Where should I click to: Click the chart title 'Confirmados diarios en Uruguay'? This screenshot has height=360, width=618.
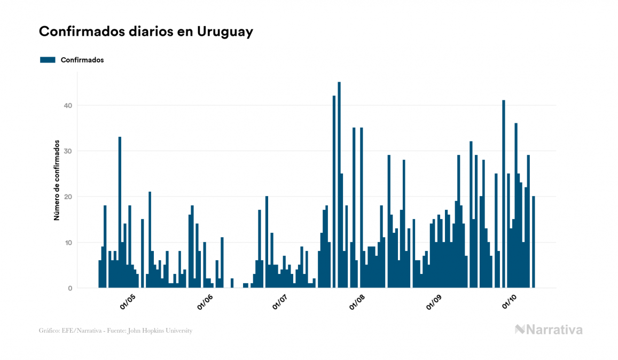click(x=146, y=32)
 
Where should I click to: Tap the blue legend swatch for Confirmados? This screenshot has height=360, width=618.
click(x=48, y=60)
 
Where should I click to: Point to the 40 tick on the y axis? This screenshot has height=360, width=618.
click(x=67, y=106)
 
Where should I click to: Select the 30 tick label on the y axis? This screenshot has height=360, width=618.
click(x=67, y=151)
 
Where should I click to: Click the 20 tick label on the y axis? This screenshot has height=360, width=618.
click(x=67, y=197)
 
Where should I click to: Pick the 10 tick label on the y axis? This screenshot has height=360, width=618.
click(x=67, y=242)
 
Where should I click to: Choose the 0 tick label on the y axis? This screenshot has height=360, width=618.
click(x=69, y=288)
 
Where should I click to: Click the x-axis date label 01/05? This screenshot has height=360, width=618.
click(x=128, y=302)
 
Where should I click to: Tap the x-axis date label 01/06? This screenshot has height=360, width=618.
click(x=205, y=302)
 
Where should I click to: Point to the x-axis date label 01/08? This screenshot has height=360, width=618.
click(x=358, y=302)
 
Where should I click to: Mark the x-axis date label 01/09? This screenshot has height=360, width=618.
click(x=435, y=302)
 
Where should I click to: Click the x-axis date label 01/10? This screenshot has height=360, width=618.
click(x=510, y=302)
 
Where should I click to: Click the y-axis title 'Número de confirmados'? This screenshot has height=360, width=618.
click(x=56, y=181)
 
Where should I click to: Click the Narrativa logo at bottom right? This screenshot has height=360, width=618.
click(x=549, y=330)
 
